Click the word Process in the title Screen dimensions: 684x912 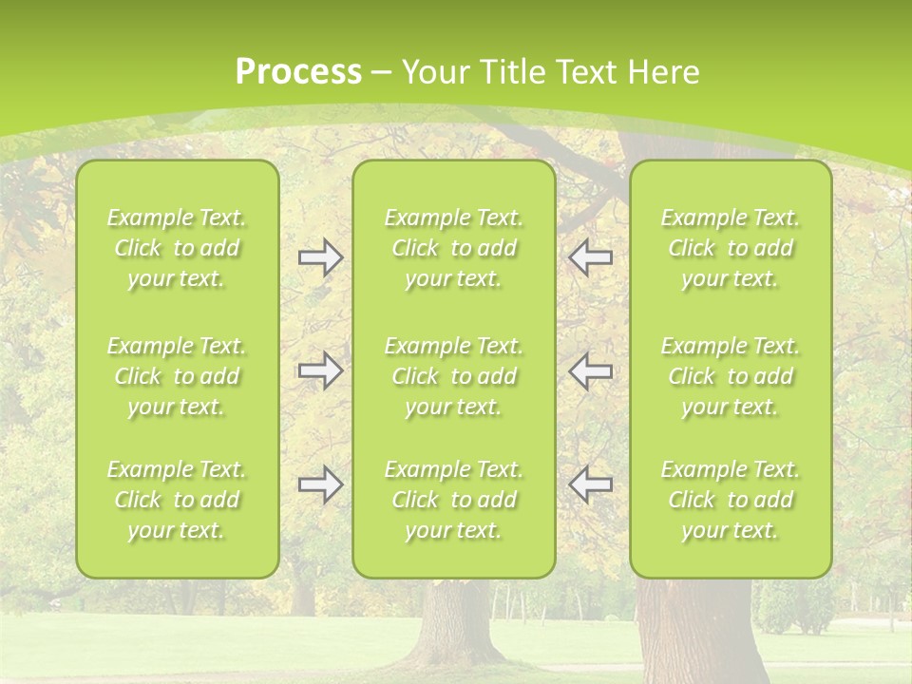coord(298,72)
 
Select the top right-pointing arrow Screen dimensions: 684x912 coord(320,256)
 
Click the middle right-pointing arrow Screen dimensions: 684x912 coord(320,370)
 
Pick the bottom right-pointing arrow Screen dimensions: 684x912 coord(320,484)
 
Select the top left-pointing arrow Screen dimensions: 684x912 coord(590,256)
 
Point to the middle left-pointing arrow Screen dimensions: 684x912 coord(590,370)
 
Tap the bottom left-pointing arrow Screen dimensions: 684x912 coord(590,484)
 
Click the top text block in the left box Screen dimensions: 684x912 coord(177,248)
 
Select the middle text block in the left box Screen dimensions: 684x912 coord(177,376)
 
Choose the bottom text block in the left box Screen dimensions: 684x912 coord(177,500)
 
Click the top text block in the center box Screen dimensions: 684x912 coord(454,248)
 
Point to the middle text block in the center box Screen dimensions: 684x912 coord(454,376)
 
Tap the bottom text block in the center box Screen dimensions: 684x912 coord(454,500)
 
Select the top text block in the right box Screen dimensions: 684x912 coord(731,248)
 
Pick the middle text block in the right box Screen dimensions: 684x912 coord(731,376)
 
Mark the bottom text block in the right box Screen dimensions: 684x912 coord(731,500)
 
